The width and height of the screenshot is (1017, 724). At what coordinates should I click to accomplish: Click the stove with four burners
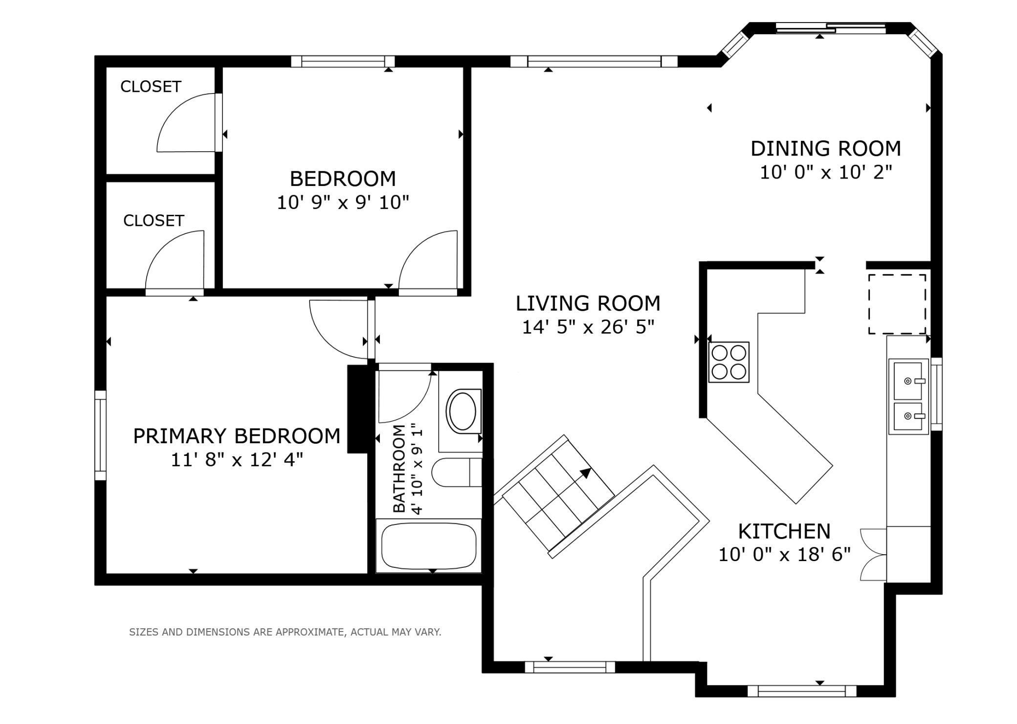[x=729, y=362]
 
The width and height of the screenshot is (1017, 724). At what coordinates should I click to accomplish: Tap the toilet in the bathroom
[x=457, y=473]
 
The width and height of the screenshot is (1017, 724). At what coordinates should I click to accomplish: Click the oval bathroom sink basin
[x=463, y=411]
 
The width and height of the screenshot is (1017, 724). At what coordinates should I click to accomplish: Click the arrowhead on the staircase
[x=586, y=473]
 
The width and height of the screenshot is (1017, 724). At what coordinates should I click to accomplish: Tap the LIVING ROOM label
[x=588, y=303]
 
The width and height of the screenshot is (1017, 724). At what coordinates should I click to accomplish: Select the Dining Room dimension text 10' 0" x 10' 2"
[x=826, y=172]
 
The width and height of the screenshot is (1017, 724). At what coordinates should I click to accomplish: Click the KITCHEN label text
[x=784, y=531]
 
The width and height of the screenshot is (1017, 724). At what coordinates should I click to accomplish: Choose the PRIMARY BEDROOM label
[x=237, y=436]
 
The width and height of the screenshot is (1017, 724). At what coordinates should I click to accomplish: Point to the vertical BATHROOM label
[x=399, y=469]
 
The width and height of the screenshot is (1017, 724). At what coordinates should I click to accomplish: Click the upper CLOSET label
[x=151, y=87]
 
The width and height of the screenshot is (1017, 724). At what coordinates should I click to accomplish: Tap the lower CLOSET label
[x=154, y=221]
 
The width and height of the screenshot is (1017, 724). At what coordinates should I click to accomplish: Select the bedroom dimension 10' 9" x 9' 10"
[x=343, y=203]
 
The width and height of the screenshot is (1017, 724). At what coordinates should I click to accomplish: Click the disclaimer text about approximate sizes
[x=285, y=632]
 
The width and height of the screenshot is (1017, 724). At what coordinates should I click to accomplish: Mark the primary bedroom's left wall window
[x=100, y=435]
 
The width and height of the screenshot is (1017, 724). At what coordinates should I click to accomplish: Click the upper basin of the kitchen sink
[x=908, y=380]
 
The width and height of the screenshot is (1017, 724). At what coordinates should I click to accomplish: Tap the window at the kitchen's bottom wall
[x=802, y=690]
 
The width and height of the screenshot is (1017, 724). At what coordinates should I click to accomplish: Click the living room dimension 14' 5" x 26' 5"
[x=588, y=327]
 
